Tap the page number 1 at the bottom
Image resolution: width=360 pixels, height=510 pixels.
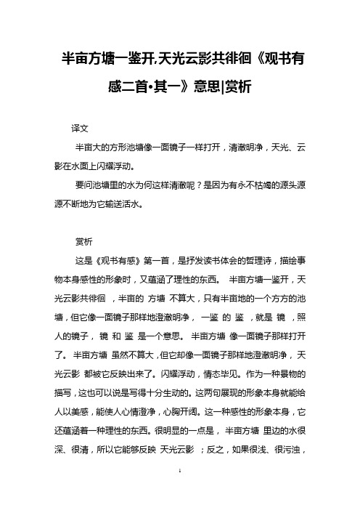click(x=179, y=491)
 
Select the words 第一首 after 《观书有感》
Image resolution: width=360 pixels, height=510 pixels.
click(x=148, y=259)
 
